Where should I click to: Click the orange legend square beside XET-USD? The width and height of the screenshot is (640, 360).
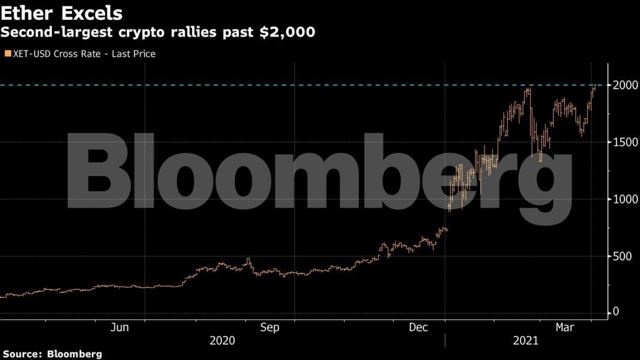(x=7, y=54)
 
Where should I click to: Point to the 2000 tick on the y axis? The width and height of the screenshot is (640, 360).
(x=624, y=85)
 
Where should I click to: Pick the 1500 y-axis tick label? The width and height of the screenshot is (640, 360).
(x=624, y=142)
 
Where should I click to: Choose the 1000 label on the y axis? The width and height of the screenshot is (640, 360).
(x=624, y=199)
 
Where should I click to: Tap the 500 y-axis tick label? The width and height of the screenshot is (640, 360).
(x=622, y=256)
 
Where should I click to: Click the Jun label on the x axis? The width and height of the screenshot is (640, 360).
(x=121, y=327)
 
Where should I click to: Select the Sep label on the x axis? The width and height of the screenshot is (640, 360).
(x=270, y=327)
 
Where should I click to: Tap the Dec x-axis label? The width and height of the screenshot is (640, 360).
(x=418, y=327)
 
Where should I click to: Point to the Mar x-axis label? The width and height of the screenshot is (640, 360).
(x=564, y=327)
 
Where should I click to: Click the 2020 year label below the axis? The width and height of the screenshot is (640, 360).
(x=222, y=341)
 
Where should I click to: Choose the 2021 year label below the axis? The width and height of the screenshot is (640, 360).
(x=525, y=341)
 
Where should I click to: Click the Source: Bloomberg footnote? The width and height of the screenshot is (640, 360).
(x=51, y=354)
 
